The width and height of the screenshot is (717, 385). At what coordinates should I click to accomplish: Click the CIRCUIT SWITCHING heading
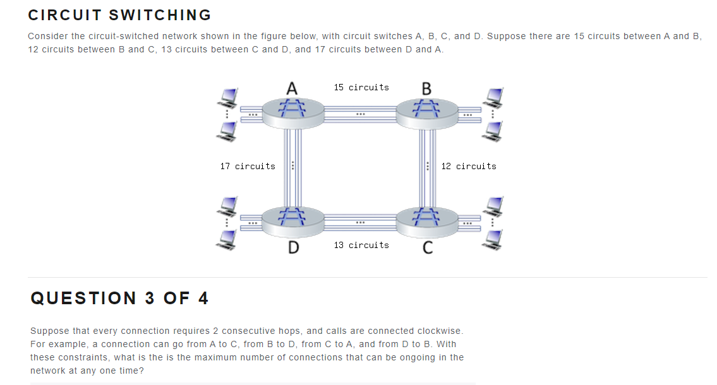click(119, 15)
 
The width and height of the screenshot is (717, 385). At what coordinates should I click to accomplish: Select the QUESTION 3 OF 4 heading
click(119, 298)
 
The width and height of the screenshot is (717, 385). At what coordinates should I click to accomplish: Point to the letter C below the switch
click(427, 248)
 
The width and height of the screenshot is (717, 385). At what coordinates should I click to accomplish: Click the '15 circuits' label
click(361, 87)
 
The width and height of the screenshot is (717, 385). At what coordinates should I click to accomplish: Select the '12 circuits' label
click(468, 166)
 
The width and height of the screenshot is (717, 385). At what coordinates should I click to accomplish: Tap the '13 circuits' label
click(361, 245)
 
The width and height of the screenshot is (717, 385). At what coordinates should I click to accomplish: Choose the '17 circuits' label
click(248, 166)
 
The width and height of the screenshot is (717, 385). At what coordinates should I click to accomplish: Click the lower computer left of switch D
click(227, 237)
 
